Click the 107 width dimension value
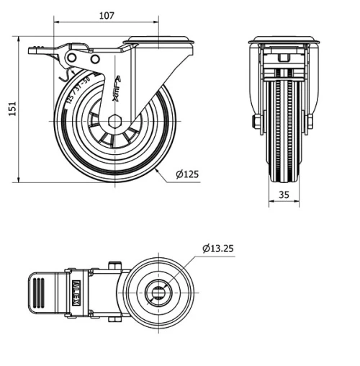106,15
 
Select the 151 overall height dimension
12,108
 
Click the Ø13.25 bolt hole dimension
218,249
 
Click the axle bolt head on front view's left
256,122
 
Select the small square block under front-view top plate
283,57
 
